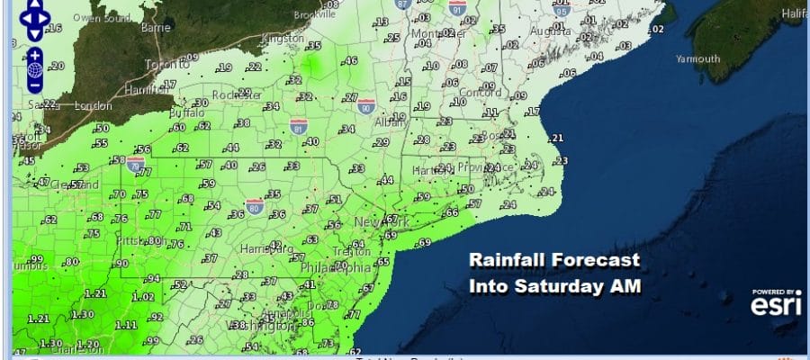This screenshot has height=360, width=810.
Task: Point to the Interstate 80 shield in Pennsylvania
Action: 254,206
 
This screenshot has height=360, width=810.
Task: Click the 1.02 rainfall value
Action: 143,297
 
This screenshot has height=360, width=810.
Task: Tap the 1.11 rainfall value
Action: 126,325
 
